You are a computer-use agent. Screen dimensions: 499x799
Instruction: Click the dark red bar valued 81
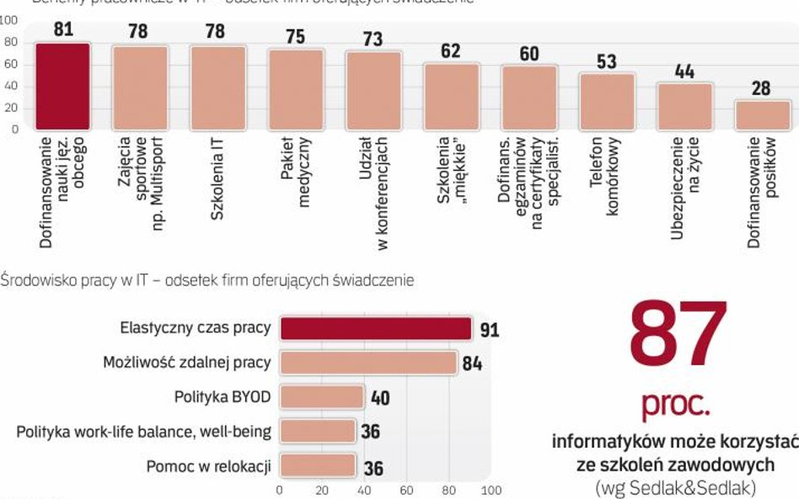[x=62, y=86]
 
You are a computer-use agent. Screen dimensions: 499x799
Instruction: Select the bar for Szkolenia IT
[x=217, y=88]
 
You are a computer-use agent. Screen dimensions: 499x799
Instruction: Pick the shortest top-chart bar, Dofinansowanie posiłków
[x=763, y=115]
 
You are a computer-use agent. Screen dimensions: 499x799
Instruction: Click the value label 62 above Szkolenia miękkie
[x=451, y=50]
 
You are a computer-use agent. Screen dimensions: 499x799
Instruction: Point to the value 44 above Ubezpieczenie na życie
[x=684, y=72]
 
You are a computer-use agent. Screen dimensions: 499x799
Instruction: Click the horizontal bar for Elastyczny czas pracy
[x=376, y=329]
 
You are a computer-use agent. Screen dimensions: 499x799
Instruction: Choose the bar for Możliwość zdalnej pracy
[x=368, y=363]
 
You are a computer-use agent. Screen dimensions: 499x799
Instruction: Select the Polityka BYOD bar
[x=321, y=397]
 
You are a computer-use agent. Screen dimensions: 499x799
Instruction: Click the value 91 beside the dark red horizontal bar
[x=489, y=331]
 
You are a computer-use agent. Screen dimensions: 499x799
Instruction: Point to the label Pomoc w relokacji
[x=208, y=465]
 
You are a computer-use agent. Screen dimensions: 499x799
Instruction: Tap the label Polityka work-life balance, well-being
[x=143, y=432]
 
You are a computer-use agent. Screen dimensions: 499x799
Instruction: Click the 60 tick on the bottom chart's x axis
[x=406, y=490]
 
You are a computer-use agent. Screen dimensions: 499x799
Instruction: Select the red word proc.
[x=676, y=406]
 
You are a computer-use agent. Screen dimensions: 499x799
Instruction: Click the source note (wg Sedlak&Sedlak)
[x=675, y=486]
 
